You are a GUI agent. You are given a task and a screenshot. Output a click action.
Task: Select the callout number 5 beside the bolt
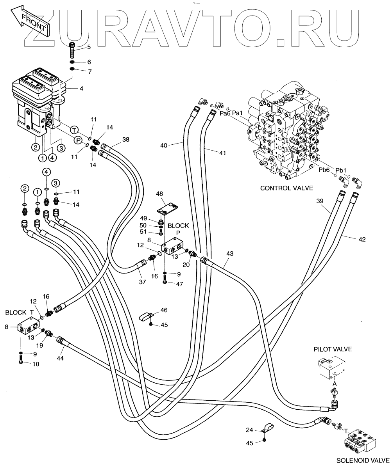(x=89, y=47)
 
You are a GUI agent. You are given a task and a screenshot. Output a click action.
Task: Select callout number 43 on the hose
(x=229, y=254)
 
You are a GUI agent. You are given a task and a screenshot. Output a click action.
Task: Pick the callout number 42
(x=362, y=239)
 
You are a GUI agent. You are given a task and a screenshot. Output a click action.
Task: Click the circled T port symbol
(x=73, y=130)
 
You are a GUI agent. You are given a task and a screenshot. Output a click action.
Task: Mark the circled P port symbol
(x=78, y=139)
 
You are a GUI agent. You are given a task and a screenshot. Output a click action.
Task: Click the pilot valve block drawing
(x=332, y=371)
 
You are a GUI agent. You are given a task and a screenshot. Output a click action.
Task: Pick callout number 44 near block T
(x=60, y=357)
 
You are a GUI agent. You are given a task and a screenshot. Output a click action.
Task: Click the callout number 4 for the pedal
(x=81, y=89)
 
